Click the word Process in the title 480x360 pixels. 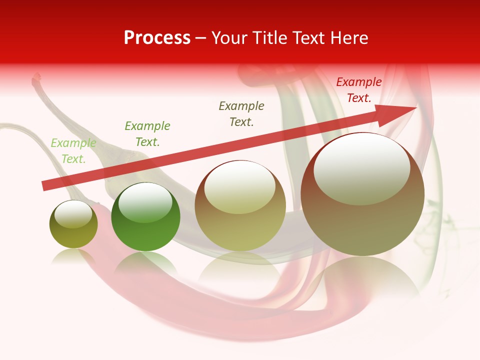(157, 38)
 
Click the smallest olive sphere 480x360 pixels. (73, 225)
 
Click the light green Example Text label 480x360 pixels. (73, 151)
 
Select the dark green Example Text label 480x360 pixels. (147, 134)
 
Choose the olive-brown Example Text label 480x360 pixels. (241, 113)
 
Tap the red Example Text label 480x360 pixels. (359, 90)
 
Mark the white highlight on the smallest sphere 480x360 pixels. (73, 214)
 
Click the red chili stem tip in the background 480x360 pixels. (36, 77)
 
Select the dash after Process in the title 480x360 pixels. (201, 38)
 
